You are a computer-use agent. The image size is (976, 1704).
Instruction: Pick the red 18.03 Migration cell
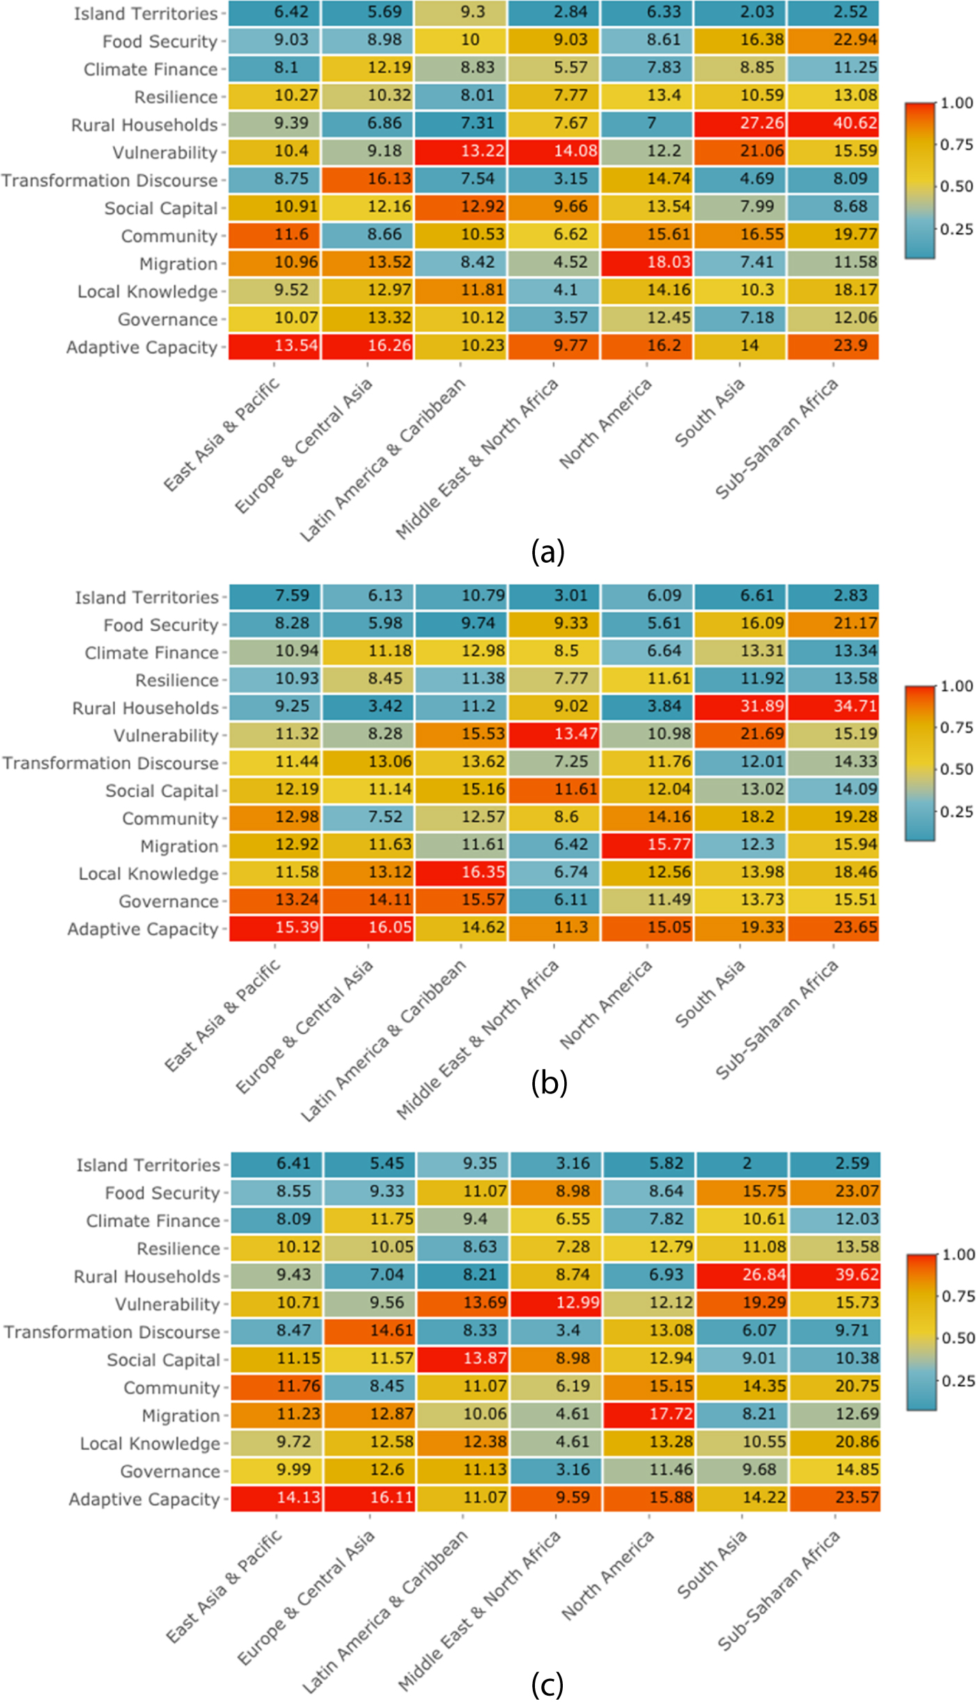coord(647,262)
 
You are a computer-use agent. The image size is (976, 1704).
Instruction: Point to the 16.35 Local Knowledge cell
coord(461,872)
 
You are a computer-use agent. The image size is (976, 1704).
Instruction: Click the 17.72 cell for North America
coord(648,1413)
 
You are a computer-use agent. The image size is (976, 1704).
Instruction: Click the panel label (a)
coord(547,552)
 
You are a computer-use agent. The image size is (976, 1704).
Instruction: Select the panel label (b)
coord(549,1082)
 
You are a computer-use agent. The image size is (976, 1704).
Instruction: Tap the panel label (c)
coord(547,1685)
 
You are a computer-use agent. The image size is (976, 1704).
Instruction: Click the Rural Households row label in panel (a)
coord(145,125)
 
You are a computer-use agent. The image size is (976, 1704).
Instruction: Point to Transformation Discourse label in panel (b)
coord(111,763)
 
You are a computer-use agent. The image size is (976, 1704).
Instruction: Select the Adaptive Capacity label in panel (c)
coord(144,1500)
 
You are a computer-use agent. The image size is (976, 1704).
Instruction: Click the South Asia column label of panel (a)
coord(710,413)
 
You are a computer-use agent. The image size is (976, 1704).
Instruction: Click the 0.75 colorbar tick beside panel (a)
coord(957,145)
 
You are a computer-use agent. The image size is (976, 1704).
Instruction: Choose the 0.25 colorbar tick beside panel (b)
coord(957,812)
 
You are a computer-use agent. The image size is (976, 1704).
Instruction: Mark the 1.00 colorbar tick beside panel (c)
coord(958,1255)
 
